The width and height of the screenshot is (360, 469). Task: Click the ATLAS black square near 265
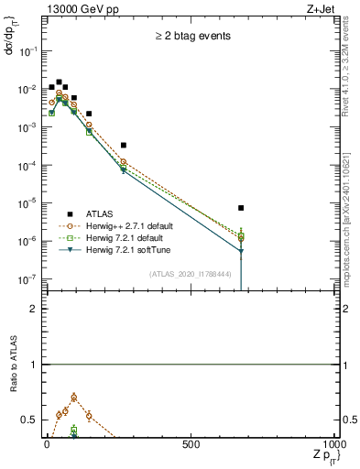[123, 145]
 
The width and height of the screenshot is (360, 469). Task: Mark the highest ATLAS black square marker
[59, 82]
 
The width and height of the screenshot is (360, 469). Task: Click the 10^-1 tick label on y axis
[29, 52]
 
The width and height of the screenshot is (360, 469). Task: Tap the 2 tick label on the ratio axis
[34, 309]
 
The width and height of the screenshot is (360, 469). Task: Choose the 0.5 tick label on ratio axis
[29, 420]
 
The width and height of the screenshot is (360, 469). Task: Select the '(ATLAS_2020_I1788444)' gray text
[190, 274]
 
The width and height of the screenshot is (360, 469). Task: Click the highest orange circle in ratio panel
[73, 398]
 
